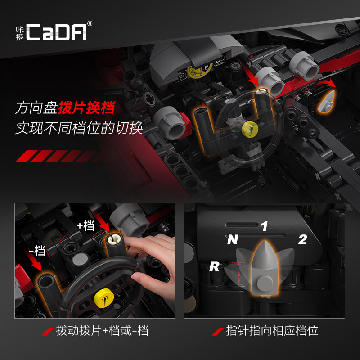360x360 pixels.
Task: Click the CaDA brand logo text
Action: [56, 32]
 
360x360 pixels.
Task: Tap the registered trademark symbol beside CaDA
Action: [90, 23]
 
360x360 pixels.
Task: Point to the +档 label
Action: [85, 225]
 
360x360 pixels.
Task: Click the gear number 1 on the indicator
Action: [264, 226]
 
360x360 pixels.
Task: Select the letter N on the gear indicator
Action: [232, 240]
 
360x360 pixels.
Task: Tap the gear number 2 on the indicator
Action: [302, 240]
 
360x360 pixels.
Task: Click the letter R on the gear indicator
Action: [214, 266]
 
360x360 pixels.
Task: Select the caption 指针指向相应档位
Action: [272, 331]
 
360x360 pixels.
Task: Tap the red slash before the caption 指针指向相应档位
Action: [218, 332]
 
